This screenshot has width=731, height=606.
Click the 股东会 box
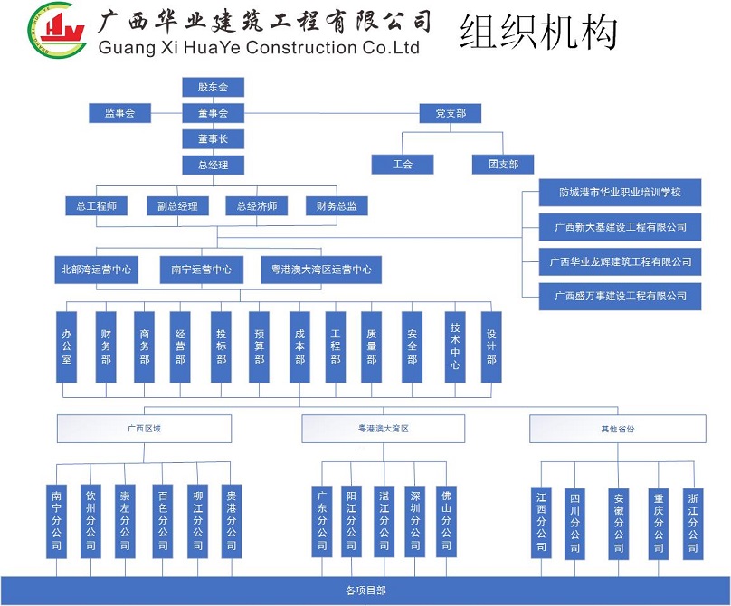[x=213, y=88]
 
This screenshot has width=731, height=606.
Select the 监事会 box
[x=119, y=113]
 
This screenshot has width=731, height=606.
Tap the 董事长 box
[x=213, y=138]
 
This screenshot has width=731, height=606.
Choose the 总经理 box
[x=213, y=165]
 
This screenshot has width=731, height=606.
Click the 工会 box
[x=402, y=165]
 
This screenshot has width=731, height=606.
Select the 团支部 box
[x=503, y=165]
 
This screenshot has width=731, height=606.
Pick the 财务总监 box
[x=337, y=206]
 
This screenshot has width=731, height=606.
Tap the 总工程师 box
[x=96, y=206]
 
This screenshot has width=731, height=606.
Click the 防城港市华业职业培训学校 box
[x=620, y=193]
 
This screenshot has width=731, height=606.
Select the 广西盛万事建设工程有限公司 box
[x=620, y=296]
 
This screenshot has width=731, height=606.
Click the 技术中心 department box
[x=455, y=347]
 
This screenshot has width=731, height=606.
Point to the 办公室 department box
[x=66, y=347]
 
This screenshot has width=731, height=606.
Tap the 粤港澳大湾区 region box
[x=384, y=429]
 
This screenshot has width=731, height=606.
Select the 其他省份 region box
[x=617, y=429]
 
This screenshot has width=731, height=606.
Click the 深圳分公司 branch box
[x=414, y=521]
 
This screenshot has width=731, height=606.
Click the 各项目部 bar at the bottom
[x=365, y=591]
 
